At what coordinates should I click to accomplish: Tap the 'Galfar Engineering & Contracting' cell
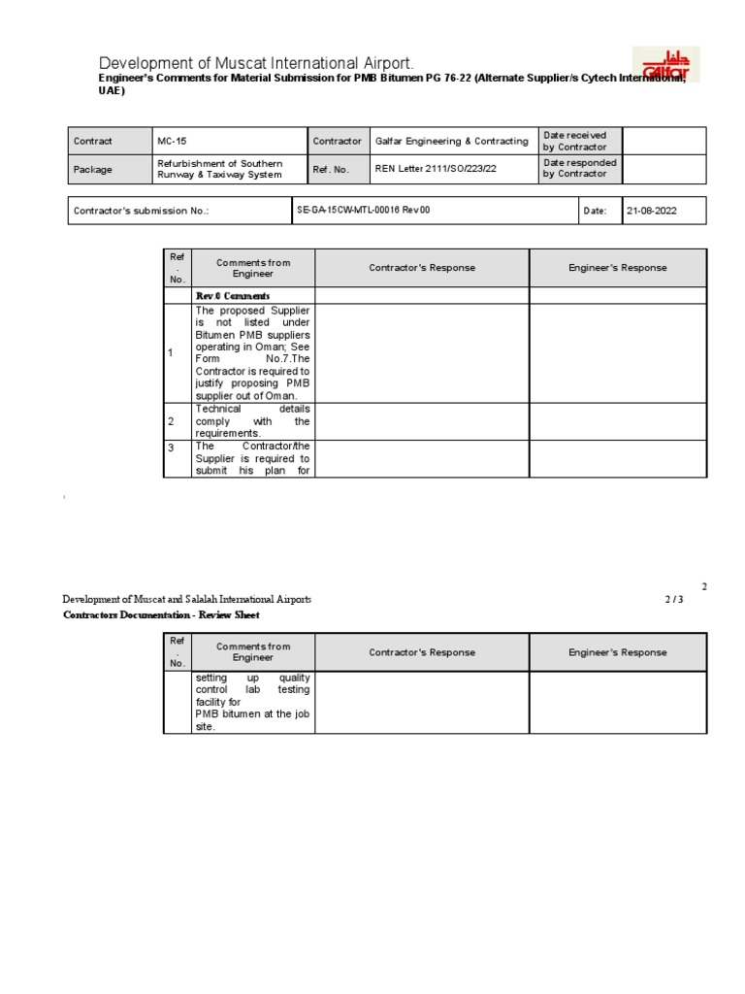click(x=451, y=141)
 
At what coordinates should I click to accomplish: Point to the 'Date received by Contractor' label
click(x=576, y=141)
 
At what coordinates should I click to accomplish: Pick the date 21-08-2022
click(x=652, y=211)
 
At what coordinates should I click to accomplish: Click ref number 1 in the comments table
click(x=172, y=353)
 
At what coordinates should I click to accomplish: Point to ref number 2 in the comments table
click(x=172, y=421)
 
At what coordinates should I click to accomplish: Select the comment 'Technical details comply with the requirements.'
click(x=252, y=421)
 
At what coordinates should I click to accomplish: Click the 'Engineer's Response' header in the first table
click(x=618, y=268)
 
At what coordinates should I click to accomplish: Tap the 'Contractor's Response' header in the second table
click(x=422, y=652)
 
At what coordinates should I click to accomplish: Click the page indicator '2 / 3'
click(x=674, y=600)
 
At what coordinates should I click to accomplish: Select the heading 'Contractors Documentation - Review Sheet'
click(x=162, y=614)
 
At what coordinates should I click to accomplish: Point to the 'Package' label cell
click(x=93, y=169)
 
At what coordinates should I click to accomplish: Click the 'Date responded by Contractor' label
click(x=579, y=169)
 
